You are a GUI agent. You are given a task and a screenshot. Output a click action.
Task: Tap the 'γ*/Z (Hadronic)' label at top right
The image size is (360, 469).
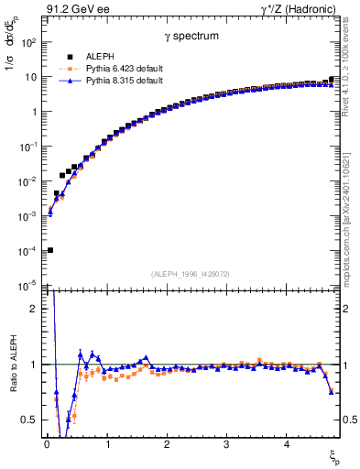pos(300,9)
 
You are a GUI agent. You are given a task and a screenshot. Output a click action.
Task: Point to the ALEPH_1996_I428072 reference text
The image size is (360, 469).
pos(189,274)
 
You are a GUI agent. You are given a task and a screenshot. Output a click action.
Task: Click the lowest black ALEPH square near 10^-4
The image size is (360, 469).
pos(49,250)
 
